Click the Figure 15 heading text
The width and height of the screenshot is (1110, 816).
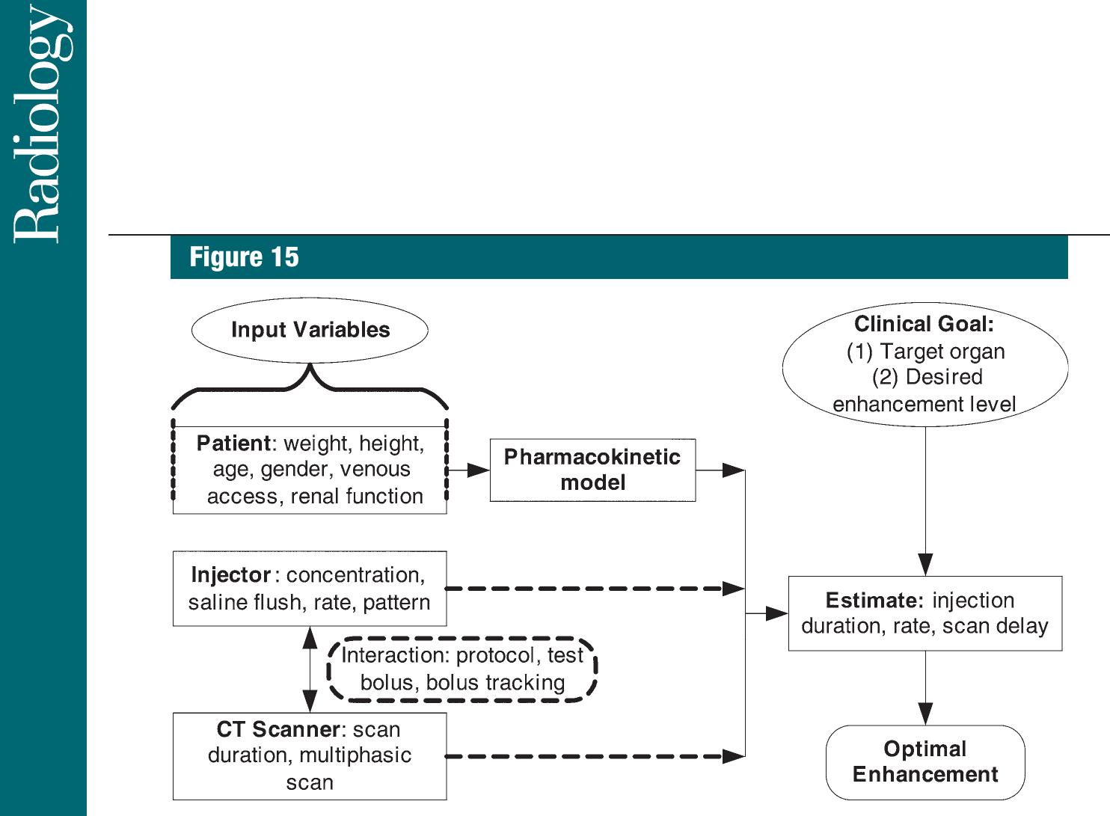tap(244, 257)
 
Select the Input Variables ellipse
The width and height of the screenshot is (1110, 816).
tap(310, 330)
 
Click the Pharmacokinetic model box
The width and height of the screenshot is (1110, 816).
tap(592, 470)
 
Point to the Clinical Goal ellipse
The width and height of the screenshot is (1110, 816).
tap(925, 364)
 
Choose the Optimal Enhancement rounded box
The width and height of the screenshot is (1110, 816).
tap(925, 761)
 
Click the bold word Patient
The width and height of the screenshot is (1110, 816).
tap(233, 444)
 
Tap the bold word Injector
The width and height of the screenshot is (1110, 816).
tap(230, 575)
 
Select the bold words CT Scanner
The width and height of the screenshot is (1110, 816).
tap(278, 729)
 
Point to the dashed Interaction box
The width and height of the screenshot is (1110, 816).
tap(462, 669)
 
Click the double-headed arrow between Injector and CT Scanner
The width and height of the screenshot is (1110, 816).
tap(310, 669)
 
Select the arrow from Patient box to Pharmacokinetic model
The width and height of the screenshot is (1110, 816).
tap(468, 470)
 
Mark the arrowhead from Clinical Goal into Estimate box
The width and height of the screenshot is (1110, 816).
tap(925, 565)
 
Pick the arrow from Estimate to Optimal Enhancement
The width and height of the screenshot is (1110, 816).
tap(925, 688)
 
